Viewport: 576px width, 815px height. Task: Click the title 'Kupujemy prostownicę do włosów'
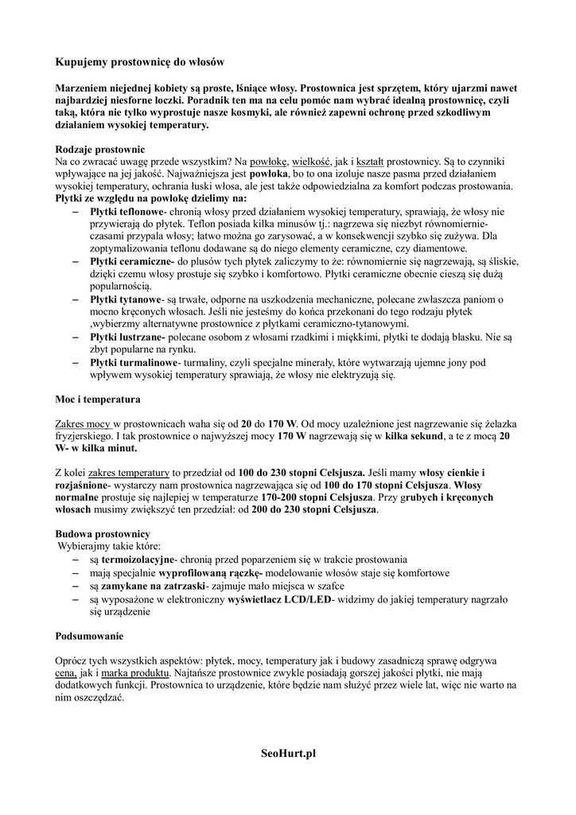click(x=140, y=61)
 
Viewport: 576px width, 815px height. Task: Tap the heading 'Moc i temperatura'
click(x=98, y=397)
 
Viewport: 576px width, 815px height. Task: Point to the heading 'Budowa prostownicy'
click(x=102, y=533)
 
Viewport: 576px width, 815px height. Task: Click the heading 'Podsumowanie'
click(x=89, y=637)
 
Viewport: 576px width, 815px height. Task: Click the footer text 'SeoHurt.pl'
click(x=288, y=753)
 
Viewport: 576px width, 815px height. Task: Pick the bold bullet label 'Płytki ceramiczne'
click(x=130, y=261)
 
